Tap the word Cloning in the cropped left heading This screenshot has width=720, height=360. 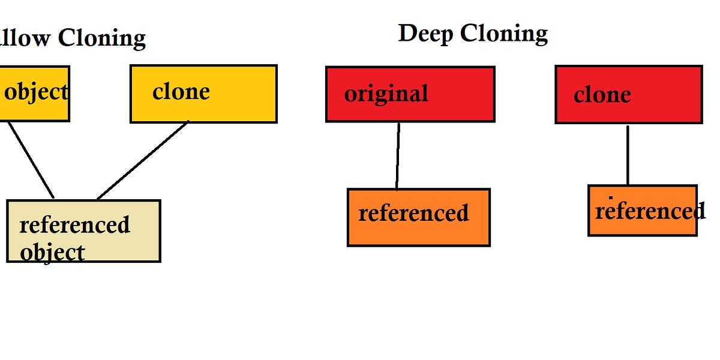(x=101, y=38)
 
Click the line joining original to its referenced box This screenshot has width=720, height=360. (x=398, y=156)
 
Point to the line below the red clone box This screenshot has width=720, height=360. (x=628, y=155)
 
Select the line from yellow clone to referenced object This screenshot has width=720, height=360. (x=143, y=160)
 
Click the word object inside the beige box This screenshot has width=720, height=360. (x=52, y=252)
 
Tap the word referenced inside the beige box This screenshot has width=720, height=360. (x=74, y=225)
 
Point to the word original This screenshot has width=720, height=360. (x=386, y=94)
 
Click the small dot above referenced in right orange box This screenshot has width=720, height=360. (x=611, y=197)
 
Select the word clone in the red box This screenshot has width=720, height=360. (x=602, y=95)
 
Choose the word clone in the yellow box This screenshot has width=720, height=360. (x=181, y=92)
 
